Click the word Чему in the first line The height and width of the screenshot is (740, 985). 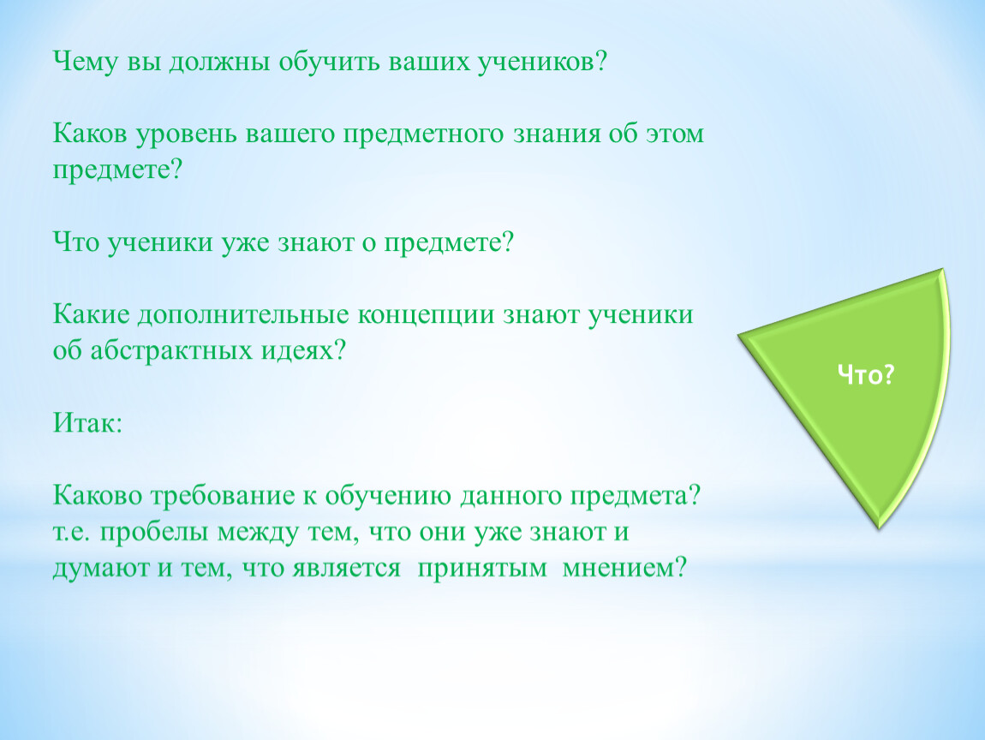(86, 63)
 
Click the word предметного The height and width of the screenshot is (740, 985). (423, 134)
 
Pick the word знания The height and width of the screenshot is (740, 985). (557, 134)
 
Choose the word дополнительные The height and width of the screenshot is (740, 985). (243, 314)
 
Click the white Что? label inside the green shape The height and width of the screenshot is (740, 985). (866, 375)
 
